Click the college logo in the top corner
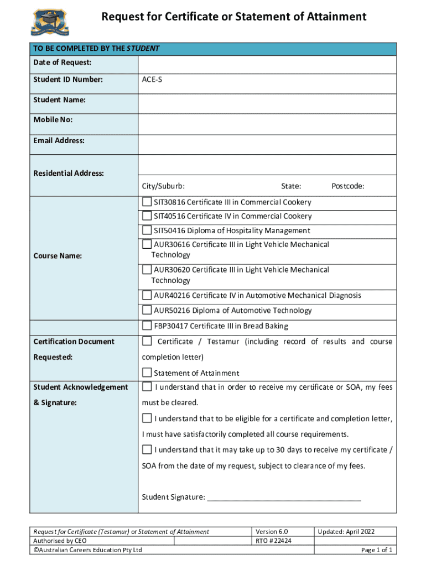51,22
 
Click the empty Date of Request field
267,65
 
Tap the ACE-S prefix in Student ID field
152,80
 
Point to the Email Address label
59,140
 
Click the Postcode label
347,186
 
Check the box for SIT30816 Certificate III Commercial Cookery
147,202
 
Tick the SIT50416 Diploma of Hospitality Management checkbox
147,230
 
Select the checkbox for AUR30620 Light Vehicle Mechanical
147,270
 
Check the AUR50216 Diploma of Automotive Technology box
147,310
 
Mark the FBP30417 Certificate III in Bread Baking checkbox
147,326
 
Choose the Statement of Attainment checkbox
147,373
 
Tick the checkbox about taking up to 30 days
147,449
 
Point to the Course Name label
58,256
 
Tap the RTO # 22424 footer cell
273,541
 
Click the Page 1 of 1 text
376,550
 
